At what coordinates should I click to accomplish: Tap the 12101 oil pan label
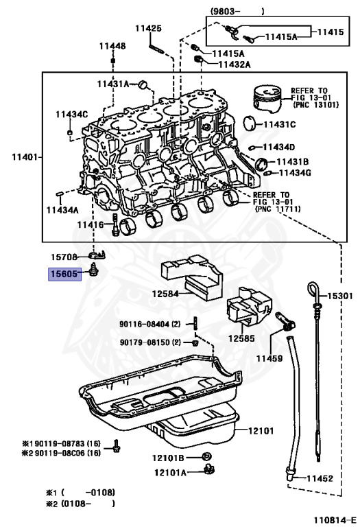click(260, 432)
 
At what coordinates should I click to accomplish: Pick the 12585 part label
click(241, 338)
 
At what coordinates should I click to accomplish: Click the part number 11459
click(289, 358)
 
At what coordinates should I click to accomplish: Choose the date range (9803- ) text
click(237, 10)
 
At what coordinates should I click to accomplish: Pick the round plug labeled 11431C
click(251, 124)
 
